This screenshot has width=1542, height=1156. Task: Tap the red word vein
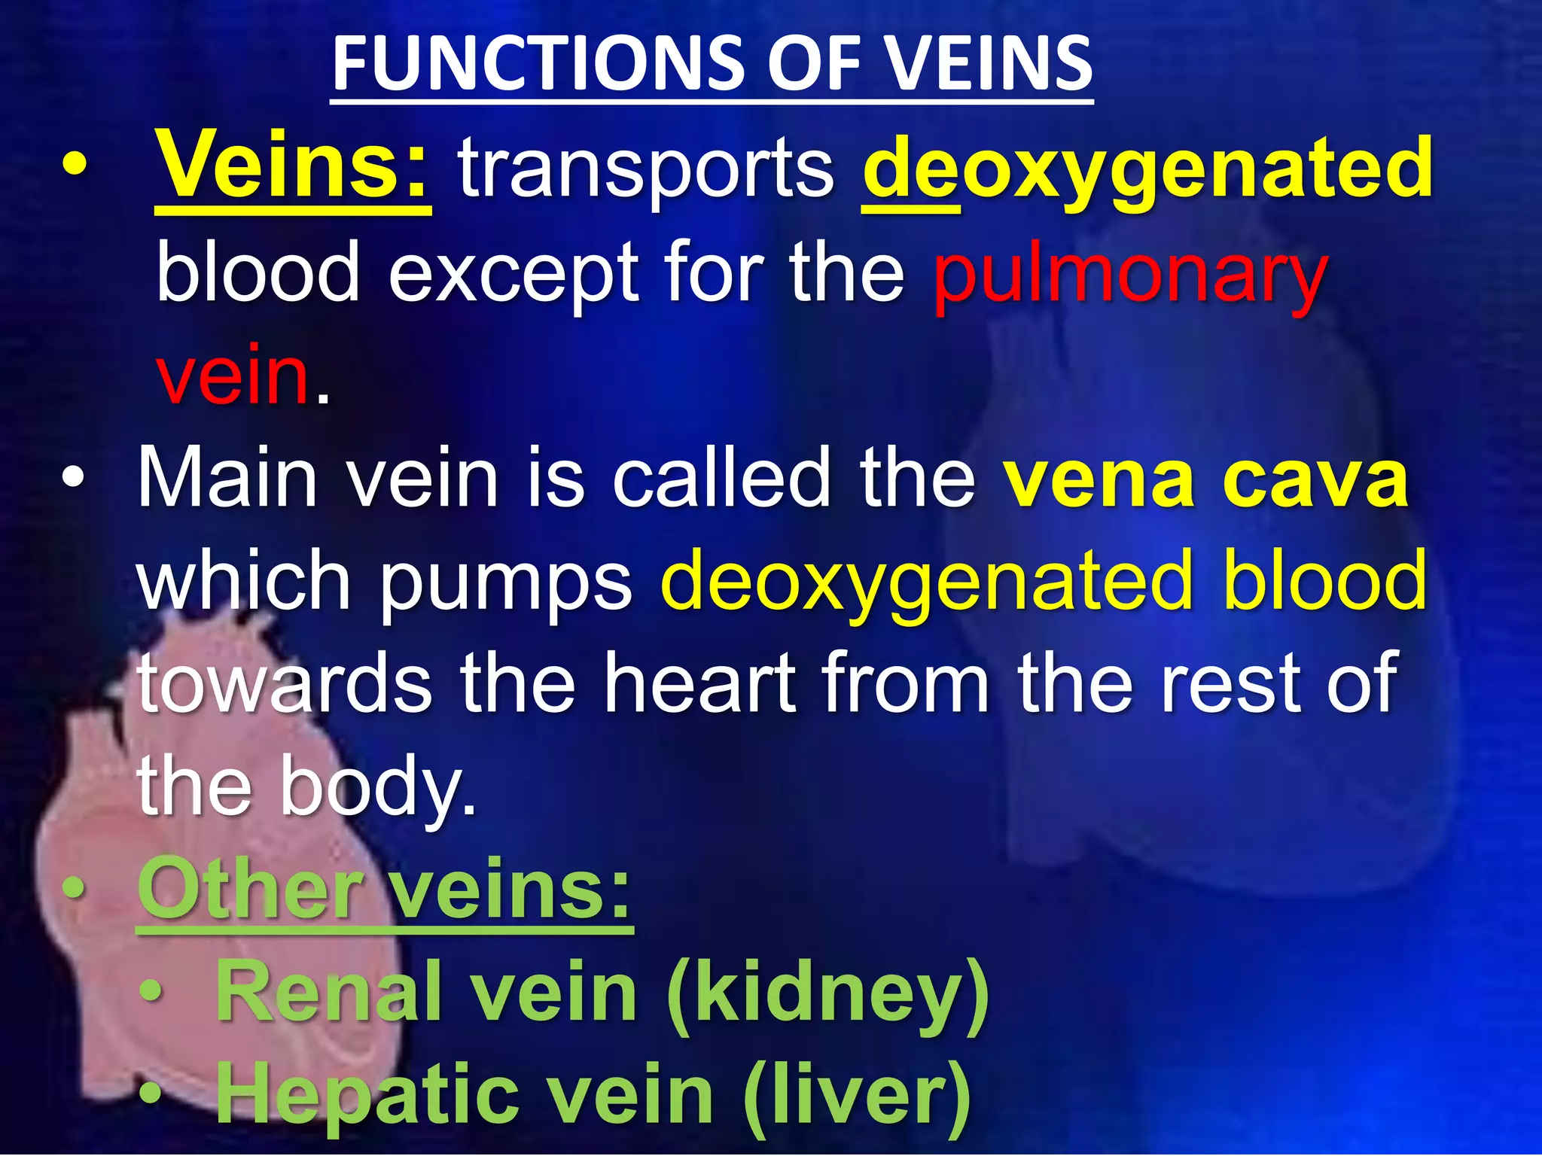tap(233, 375)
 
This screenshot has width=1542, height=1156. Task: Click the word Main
tap(227, 479)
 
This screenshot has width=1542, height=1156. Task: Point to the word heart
tap(700, 683)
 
